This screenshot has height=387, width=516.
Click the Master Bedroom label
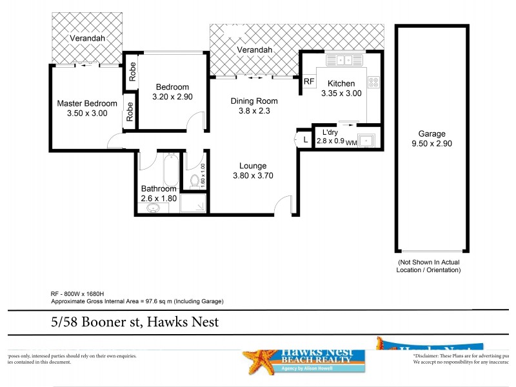tap(87, 103)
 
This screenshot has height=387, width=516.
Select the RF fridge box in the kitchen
tap(309, 81)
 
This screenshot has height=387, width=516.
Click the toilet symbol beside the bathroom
tap(195, 180)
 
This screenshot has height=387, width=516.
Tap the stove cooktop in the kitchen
tap(373, 82)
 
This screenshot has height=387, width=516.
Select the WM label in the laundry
tap(352, 143)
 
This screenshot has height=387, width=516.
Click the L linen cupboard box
tap(304, 139)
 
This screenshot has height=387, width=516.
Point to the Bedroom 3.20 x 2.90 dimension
tap(172, 97)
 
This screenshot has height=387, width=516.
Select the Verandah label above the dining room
tap(253, 50)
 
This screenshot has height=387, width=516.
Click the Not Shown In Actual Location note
tap(429, 266)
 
